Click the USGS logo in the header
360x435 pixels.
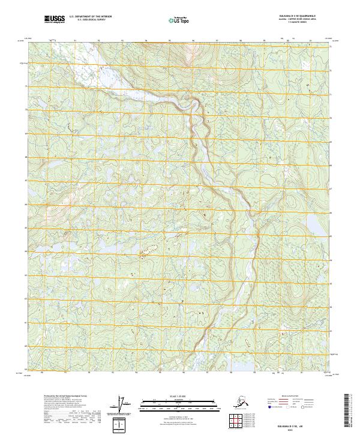coord(53,20)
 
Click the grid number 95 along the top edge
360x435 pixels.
coord(170,40)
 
